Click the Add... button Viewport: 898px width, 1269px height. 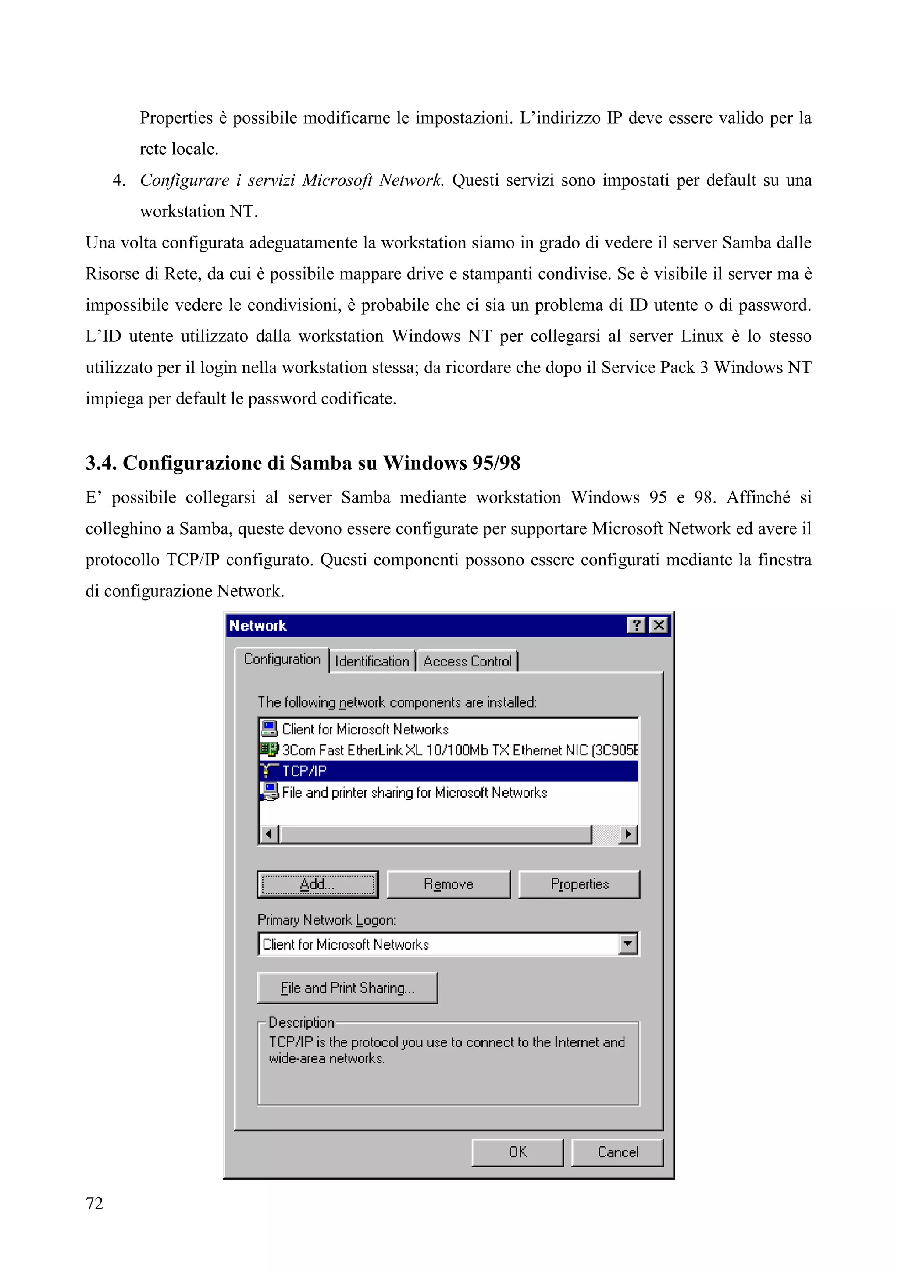pos(318,884)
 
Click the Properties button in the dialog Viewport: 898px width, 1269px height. pos(579,884)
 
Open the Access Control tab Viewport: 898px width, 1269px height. pos(467,662)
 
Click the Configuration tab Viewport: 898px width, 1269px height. pos(282,659)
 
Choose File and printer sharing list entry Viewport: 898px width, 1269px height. pos(414,793)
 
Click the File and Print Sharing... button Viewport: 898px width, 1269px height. pos(347,988)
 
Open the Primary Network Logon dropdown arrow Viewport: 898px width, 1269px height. pos(627,944)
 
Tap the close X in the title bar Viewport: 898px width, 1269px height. pos(659,625)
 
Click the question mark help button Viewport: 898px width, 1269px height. pos(637,625)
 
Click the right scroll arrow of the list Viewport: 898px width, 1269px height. pos(627,834)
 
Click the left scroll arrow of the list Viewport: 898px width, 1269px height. pos(269,834)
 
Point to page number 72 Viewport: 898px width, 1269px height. pos(95,1203)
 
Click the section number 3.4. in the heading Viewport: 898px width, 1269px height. pos(101,463)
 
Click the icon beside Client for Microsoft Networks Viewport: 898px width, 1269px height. pos(269,728)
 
